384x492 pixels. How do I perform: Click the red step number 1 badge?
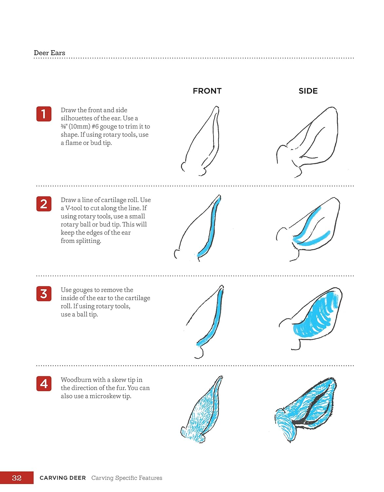44,114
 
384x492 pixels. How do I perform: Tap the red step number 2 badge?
44,204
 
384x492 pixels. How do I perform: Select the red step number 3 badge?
44,294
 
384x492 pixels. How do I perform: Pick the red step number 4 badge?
44,383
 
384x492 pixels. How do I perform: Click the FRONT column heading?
207,91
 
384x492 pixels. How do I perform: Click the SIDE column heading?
308,91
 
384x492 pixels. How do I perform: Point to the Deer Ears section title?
49,53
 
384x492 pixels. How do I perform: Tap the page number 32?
17,478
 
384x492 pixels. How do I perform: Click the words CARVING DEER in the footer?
63,478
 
